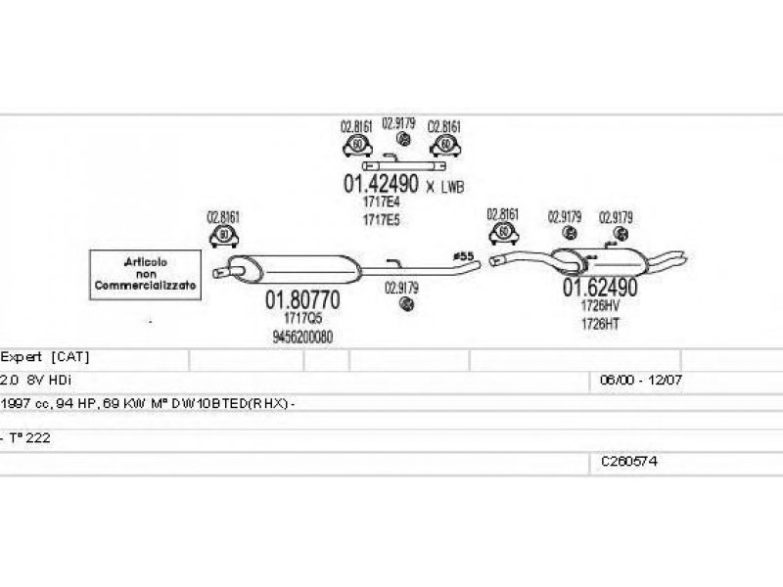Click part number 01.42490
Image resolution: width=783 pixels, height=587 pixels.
[x=380, y=183]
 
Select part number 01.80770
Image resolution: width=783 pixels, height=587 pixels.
[x=302, y=300]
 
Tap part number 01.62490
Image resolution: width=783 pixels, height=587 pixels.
[x=599, y=288]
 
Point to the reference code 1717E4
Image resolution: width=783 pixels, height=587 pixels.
[x=381, y=203]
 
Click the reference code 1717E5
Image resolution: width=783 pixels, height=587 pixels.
[x=381, y=220]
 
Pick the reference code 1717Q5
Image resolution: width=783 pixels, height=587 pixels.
[x=302, y=319]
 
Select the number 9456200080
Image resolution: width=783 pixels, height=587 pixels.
[x=302, y=337]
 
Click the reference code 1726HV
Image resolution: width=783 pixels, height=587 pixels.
[x=600, y=305]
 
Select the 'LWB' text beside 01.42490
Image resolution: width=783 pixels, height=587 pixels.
[x=452, y=185]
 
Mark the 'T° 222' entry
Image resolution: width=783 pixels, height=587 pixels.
[x=29, y=438]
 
